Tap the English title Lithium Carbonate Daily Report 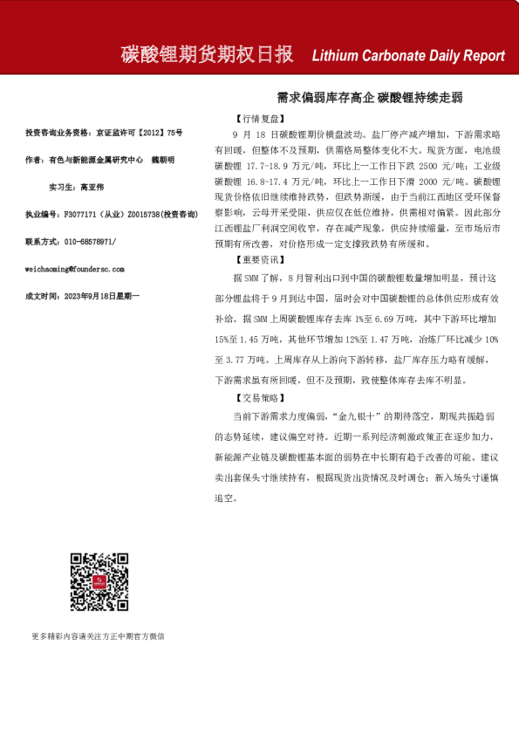[407, 56]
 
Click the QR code [99, 581]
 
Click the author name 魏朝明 [163, 160]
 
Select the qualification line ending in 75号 [104, 133]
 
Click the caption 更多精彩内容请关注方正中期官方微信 [98, 636]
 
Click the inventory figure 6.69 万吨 [389, 321]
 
